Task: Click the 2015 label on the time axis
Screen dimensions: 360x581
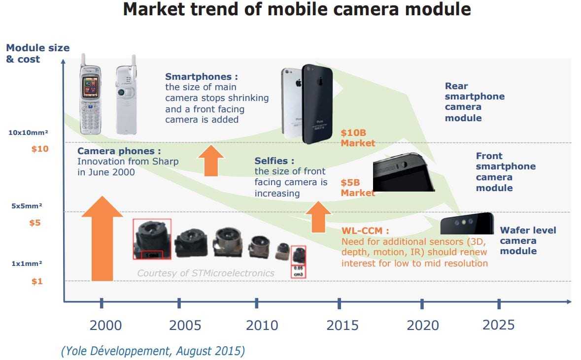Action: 339,325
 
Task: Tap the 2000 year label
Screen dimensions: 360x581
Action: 105,325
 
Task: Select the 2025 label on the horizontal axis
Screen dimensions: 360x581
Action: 498,325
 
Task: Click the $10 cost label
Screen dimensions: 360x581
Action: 40,149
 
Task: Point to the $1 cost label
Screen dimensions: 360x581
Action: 37,281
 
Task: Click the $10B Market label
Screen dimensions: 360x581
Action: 358,138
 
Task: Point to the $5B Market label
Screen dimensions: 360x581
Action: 358,188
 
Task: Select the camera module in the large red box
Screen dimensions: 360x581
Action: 152,238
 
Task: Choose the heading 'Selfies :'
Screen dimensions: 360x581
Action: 274,161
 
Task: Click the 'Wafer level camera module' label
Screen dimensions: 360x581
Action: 528,240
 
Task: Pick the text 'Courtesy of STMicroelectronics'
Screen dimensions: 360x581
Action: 205,273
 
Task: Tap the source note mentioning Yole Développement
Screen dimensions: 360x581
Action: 153,351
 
